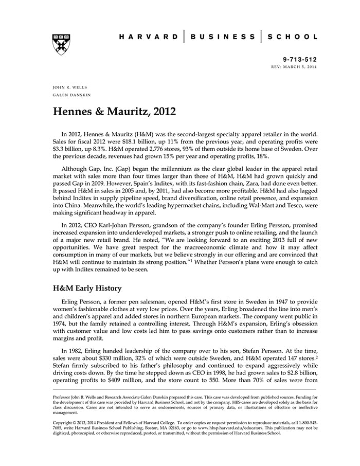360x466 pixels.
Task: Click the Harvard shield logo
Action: point(61,45)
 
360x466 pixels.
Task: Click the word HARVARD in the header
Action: point(149,37)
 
